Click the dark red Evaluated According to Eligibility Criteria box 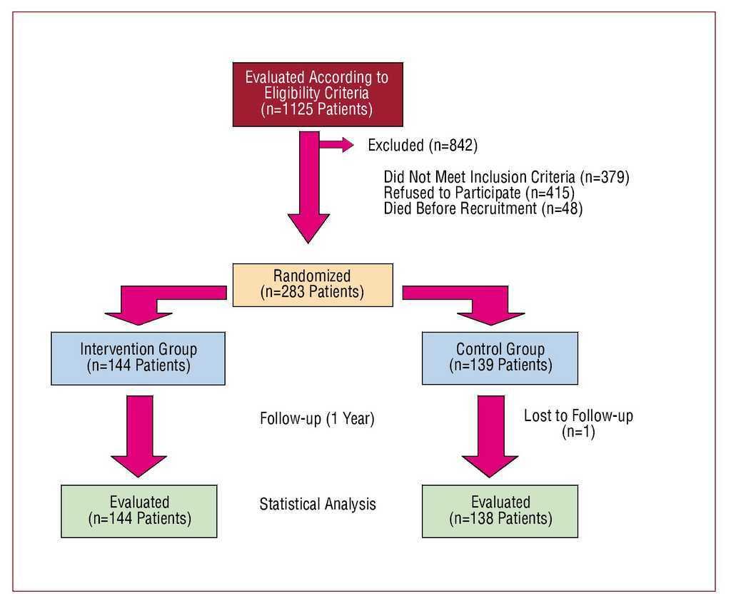click(317, 94)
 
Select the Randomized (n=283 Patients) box click(312, 284)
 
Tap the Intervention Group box click(138, 358)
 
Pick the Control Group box click(500, 358)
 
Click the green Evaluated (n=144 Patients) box click(139, 510)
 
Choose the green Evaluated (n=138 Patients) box click(500, 510)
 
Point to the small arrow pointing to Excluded click(337, 145)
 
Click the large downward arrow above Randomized click(308, 193)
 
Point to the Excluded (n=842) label click(422, 146)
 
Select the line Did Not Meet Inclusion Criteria click(506, 177)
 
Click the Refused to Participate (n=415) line click(479, 193)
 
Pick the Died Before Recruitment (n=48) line click(483, 209)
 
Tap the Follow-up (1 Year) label click(317, 419)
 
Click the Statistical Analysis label click(317, 504)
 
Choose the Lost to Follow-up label click(578, 416)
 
